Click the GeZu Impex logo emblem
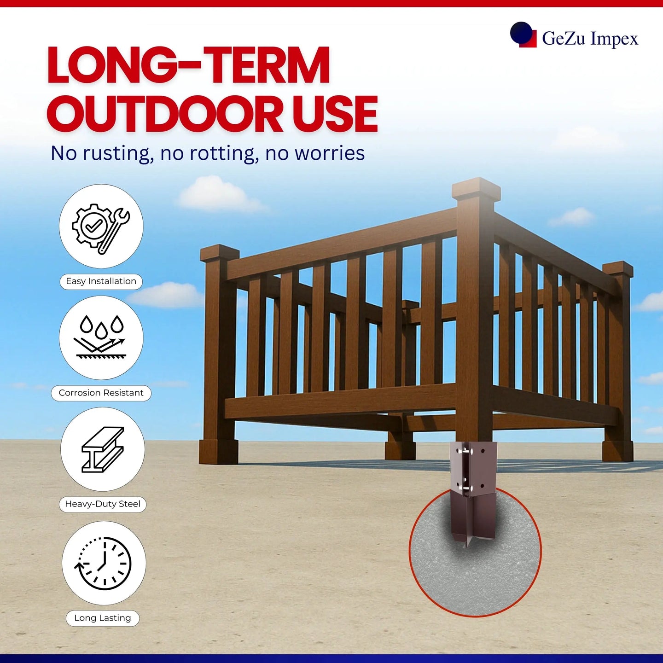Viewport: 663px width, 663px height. [523, 35]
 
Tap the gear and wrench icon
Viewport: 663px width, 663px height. [101, 229]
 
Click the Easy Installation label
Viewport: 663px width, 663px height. [101, 281]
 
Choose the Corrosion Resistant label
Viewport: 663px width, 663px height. [101, 393]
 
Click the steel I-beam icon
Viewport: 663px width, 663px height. [103, 450]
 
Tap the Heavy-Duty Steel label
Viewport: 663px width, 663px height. [103, 504]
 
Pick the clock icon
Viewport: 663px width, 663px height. [103, 563]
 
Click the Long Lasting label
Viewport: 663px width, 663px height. [103, 618]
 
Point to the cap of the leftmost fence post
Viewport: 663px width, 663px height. [220, 253]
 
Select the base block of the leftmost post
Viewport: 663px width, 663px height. [218, 451]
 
